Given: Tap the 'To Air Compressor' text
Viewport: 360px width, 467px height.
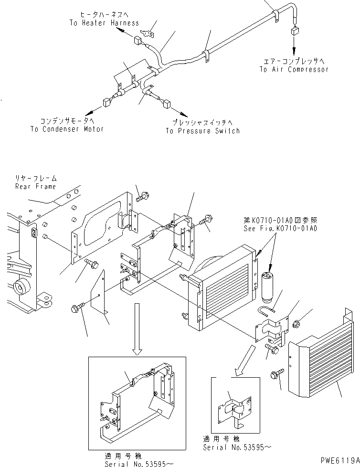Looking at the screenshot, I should pyautogui.click(x=294, y=69).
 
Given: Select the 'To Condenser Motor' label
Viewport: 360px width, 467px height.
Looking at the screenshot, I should pyautogui.click(x=67, y=129).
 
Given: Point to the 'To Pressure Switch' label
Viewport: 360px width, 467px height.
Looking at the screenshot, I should pyautogui.click(x=202, y=131).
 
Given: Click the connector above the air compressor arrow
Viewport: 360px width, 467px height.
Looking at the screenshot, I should pyautogui.click(x=293, y=31).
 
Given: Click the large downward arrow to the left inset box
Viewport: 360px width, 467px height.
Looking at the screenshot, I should pyautogui.click(x=137, y=329).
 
